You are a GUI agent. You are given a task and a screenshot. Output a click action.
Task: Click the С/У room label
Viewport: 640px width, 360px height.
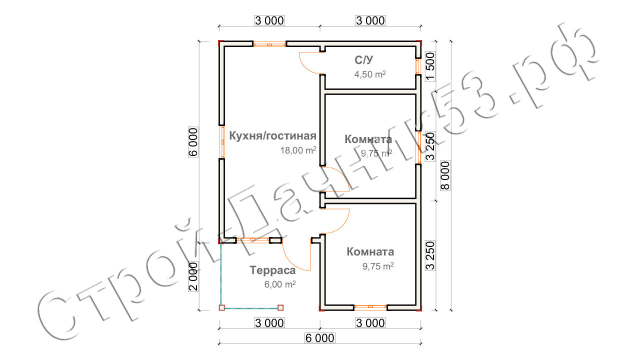coord(363,60)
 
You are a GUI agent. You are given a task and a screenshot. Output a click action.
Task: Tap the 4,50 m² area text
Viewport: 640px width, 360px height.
coord(370,74)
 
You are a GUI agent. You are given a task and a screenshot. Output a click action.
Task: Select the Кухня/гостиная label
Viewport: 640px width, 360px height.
coord(272,136)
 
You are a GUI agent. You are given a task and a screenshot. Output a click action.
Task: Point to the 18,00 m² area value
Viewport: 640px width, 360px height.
coord(298,150)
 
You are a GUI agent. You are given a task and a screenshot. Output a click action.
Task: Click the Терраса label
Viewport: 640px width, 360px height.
coord(272,270)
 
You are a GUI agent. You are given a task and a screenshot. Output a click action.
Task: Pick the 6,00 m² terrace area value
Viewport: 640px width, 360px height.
coord(280,284)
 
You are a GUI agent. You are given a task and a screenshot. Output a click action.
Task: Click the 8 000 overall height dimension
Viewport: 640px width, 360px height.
coord(445,175)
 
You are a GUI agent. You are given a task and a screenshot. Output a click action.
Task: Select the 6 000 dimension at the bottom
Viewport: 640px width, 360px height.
coord(319,338)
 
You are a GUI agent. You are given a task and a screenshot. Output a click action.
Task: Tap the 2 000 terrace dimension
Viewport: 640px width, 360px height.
coord(193,276)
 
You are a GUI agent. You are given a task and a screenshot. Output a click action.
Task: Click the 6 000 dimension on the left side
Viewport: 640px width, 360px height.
coord(193,142)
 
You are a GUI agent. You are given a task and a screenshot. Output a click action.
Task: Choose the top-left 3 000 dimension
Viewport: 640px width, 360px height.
coord(269,20)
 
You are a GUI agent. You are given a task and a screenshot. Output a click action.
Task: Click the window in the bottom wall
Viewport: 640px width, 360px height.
coord(370,307)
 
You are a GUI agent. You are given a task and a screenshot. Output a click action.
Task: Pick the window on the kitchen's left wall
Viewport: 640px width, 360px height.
coord(221,142)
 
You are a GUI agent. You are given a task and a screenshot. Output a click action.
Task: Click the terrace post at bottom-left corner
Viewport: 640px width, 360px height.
coord(221,307)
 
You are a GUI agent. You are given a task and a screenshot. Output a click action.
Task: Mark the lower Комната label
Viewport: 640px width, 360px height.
coord(370,251)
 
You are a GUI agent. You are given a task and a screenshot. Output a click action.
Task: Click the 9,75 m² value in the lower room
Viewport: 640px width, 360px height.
coord(378,266)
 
